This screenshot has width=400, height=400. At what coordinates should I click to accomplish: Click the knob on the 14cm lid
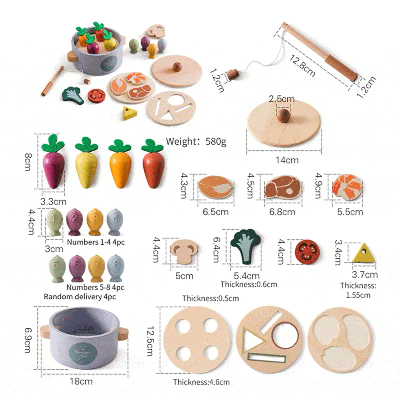click(x=283, y=116)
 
